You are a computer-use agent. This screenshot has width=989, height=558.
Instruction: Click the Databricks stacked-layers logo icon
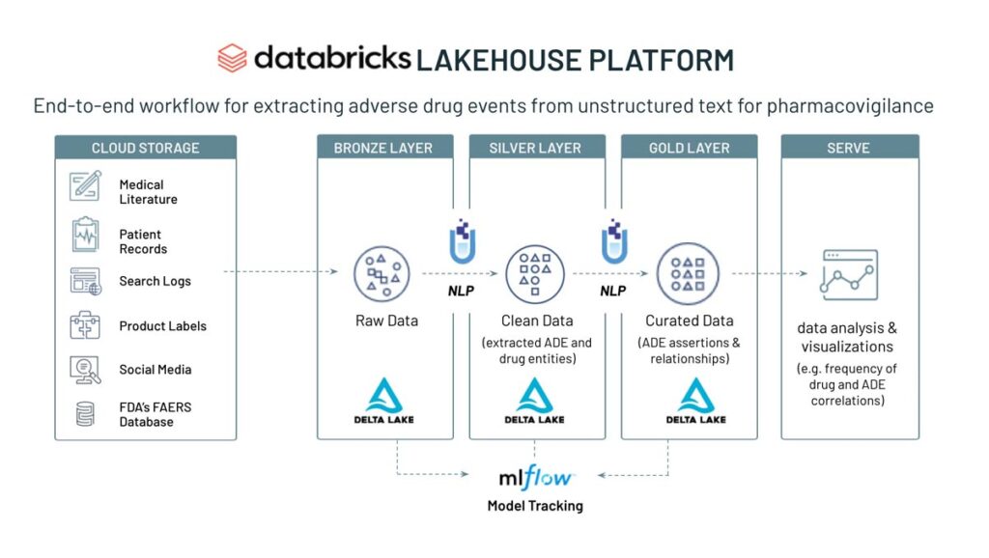pyautogui.click(x=232, y=59)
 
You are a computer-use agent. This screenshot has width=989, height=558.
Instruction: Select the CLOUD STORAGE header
pyautogui.click(x=145, y=148)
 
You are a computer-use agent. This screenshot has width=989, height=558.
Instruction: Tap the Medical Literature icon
pyautogui.click(x=85, y=185)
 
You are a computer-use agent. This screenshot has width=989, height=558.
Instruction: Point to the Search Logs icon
pyautogui.click(x=85, y=281)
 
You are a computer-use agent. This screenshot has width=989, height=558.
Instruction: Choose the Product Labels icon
pyautogui.click(x=85, y=325)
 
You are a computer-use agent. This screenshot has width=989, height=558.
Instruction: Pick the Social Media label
pyautogui.click(x=155, y=370)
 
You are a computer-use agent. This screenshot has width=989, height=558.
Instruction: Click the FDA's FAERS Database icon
pyautogui.click(x=85, y=414)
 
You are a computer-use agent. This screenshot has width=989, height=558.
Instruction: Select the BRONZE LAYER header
pyautogui.click(x=383, y=148)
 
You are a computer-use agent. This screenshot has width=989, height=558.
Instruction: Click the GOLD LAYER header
pyautogui.click(x=689, y=148)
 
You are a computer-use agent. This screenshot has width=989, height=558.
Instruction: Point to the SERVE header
pyautogui.click(x=848, y=148)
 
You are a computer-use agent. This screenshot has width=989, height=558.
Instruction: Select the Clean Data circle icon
pyautogui.click(x=534, y=273)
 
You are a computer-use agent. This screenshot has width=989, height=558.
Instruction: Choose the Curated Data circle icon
pyautogui.click(x=687, y=273)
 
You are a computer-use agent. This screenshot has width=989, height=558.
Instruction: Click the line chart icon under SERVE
pyautogui.click(x=848, y=274)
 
